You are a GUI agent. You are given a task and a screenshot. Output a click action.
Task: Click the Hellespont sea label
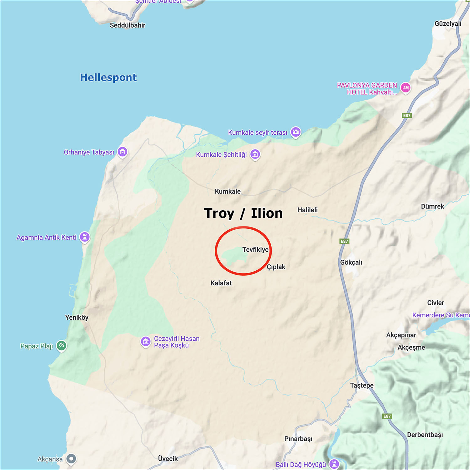(x=108, y=77)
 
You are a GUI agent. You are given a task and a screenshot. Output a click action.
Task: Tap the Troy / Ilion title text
(x=243, y=213)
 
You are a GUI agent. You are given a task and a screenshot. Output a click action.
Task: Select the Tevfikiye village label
(x=255, y=250)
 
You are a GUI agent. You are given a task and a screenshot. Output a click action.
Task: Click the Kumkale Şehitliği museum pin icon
(x=255, y=154)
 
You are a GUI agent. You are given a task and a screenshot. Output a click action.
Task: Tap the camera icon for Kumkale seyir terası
(x=295, y=132)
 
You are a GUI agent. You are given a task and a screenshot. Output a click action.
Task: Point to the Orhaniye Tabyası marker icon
(x=122, y=152)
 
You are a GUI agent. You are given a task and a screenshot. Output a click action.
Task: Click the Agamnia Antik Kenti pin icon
(x=85, y=237)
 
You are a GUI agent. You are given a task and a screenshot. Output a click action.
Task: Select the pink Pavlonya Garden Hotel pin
(x=405, y=87)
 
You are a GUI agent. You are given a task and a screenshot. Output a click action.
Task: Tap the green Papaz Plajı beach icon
(x=61, y=346)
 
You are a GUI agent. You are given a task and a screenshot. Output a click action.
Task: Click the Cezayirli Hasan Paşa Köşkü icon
(x=145, y=342)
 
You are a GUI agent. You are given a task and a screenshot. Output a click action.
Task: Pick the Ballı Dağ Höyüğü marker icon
(x=334, y=463)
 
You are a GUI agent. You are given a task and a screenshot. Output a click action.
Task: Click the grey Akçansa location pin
(x=71, y=459)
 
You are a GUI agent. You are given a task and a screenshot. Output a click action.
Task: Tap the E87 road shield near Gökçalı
(x=344, y=241)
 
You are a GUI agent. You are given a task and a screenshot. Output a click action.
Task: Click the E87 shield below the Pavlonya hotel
(x=406, y=115)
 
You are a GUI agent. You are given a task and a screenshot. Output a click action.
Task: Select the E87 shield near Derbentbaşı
(x=387, y=416)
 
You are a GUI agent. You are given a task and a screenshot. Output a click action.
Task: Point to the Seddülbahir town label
(x=128, y=25)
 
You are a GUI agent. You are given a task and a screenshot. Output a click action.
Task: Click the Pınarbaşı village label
(x=298, y=439)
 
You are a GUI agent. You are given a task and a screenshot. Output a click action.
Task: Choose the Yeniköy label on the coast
(x=77, y=317)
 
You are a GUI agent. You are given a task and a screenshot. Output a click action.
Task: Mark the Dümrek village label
(x=432, y=206)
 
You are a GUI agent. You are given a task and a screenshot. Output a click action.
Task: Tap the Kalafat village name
(x=221, y=283)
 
